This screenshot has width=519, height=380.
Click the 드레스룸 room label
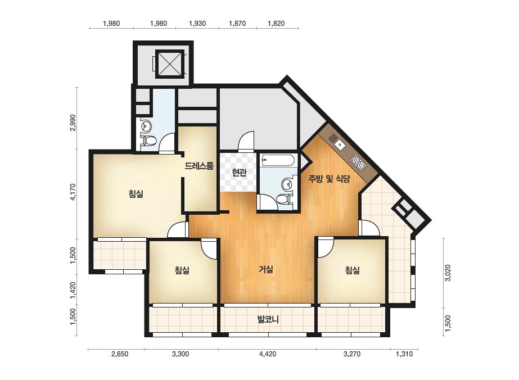click(199, 165)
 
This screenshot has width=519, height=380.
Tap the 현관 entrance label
click(239, 173)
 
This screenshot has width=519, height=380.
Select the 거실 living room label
click(266, 269)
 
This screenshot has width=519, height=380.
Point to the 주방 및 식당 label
click(329, 179)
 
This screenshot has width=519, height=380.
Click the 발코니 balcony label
click(268, 319)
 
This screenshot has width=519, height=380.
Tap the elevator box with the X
click(169, 64)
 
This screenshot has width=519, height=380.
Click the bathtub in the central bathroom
click(278, 161)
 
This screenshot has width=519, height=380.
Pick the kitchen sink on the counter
click(340, 144)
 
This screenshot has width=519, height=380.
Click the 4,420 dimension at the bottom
click(268, 354)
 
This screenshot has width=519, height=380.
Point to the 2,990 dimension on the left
click(73, 123)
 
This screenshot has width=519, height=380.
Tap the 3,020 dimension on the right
click(448, 273)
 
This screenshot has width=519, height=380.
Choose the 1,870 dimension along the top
click(237, 24)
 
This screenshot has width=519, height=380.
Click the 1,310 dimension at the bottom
click(404, 354)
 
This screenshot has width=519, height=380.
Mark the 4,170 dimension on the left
click(73, 192)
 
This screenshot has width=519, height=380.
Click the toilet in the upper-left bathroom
click(148, 141)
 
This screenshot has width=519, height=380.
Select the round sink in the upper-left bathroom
click(146, 125)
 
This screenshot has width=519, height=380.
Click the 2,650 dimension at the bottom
click(120, 354)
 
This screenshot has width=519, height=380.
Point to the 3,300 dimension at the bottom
click(180, 354)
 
